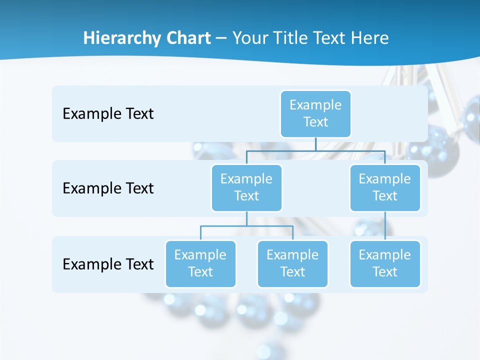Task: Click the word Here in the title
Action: pos(369,38)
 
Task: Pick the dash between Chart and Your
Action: pos(221,39)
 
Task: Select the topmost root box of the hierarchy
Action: pos(315,113)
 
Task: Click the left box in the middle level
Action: pos(246,187)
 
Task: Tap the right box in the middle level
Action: pos(385,187)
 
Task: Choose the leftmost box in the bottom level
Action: pos(200,263)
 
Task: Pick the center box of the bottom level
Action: pos(292,263)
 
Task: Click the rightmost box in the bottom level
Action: pos(385,263)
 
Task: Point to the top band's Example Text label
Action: pos(108,113)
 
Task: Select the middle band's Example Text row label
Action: pos(108,188)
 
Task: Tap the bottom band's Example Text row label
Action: pos(108,264)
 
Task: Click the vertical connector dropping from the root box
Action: pos(315,143)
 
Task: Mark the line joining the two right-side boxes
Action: pos(385,226)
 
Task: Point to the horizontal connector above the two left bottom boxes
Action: pos(246,226)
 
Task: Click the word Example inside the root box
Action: pos(315,105)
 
